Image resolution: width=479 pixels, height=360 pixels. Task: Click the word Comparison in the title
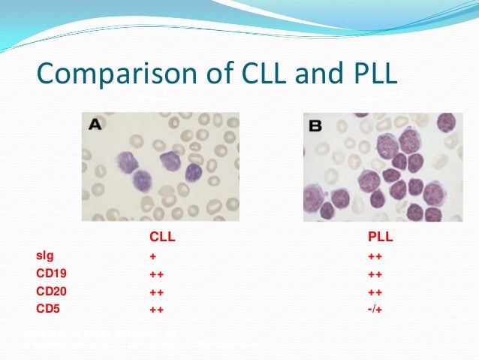click(110, 76)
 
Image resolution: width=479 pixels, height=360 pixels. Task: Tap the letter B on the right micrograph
click(315, 126)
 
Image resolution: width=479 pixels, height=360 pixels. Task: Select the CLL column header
click(162, 238)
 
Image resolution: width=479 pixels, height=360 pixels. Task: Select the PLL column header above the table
click(381, 238)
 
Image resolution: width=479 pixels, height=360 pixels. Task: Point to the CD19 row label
click(50, 273)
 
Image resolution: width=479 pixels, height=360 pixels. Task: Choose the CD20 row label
click(50, 290)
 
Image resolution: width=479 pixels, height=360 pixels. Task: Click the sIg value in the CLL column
click(152, 256)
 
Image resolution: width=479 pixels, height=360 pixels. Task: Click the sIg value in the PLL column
click(375, 256)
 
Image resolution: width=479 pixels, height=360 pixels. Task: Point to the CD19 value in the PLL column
click(375, 274)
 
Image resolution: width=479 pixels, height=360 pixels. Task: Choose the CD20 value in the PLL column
click(375, 291)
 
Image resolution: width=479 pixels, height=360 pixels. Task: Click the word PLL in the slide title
click(368, 76)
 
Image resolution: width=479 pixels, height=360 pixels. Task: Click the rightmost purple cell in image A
click(194, 172)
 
